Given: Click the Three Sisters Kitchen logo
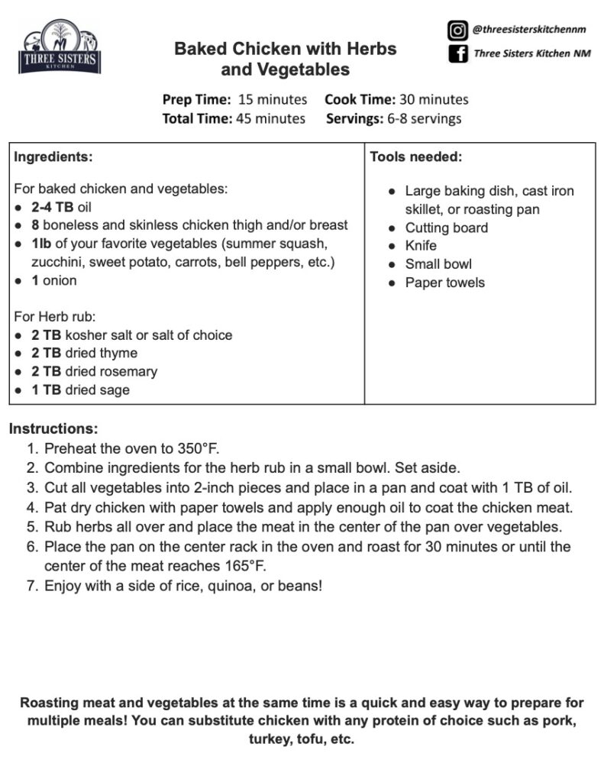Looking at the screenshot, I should [59, 48].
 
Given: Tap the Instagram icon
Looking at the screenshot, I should [457, 31].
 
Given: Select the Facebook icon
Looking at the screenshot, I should [457, 54].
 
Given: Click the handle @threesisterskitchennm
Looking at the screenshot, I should [531, 31].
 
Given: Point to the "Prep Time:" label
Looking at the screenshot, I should [196, 99].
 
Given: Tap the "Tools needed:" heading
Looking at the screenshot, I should [416, 157].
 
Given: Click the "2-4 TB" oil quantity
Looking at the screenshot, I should [53, 207].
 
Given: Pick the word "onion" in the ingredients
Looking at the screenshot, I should [60, 280].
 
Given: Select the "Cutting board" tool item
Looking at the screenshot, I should [446, 228].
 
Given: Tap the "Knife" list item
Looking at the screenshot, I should [421, 246].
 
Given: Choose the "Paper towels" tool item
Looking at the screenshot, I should [444, 283].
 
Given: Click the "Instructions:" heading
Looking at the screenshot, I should [53, 429].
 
